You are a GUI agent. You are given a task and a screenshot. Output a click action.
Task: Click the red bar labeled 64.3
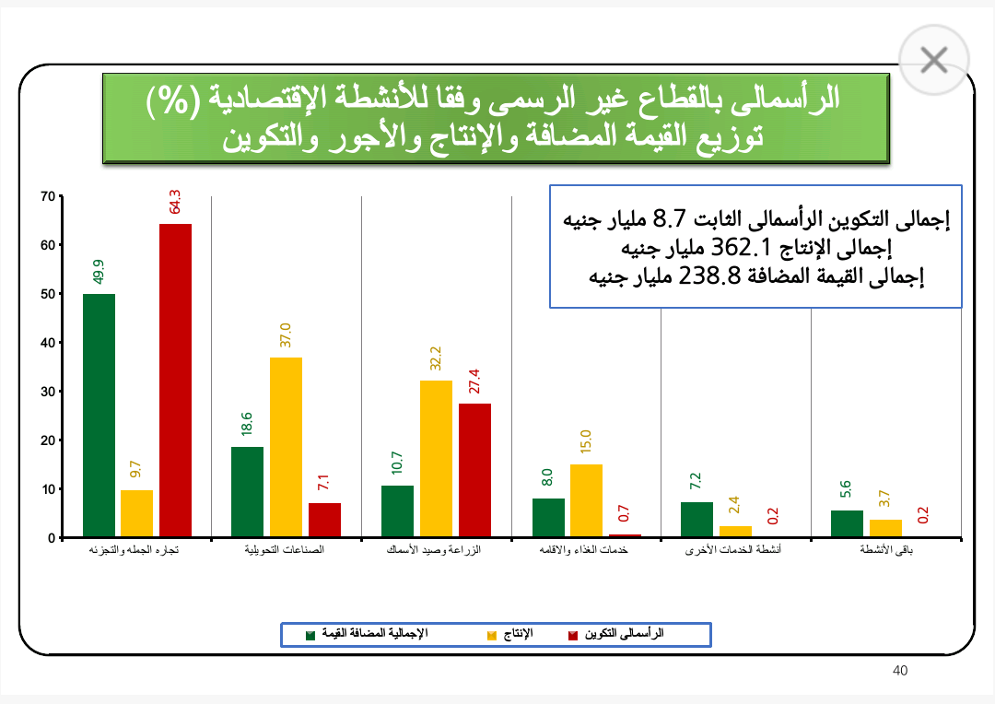pyautogui.click(x=175, y=380)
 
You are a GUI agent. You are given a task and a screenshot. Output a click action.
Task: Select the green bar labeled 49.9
pyautogui.click(x=99, y=415)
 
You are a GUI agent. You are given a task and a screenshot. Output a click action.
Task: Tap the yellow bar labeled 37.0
pyautogui.click(x=286, y=447)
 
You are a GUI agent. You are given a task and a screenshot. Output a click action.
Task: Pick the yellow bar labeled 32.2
pyautogui.click(x=436, y=458)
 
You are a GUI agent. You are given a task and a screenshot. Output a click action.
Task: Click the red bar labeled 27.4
pyautogui.click(x=474, y=470)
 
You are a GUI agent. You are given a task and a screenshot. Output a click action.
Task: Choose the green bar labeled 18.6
pyautogui.click(x=247, y=491)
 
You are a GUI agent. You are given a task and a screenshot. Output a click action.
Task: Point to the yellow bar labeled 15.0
pyautogui.click(x=586, y=499)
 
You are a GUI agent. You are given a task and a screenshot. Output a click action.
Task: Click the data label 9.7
pyautogui.click(x=136, y=470)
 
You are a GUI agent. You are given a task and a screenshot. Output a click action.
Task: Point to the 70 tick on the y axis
pyautogui.click(x=47, y=196)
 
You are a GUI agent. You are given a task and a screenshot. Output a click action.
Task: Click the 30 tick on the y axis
pyautogui.click(x=47, y=392)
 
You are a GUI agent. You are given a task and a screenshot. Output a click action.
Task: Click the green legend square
pyautogui.click(x=310, y=634)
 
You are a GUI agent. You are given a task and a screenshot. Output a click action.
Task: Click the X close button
pyautogui.click(x=934, y=61)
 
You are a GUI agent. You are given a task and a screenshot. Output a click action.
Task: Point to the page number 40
pyautogui.click(x=900, y=670)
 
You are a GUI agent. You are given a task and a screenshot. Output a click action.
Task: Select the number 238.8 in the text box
pyautogui.click(x=709, y=275)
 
